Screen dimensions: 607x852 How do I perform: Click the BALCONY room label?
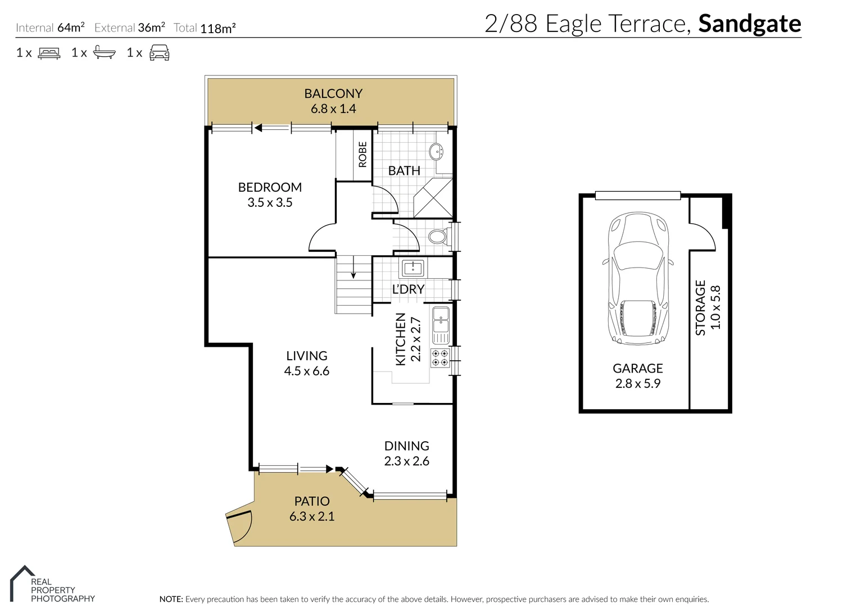(333, 93)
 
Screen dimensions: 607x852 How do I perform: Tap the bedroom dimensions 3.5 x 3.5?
(270, 203)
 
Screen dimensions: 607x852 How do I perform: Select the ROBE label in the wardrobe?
(362, 154)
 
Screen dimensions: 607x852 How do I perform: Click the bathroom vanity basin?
(436, 152)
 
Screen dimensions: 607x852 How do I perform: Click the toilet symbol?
(438, 236)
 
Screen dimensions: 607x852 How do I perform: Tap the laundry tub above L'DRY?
(413, 268)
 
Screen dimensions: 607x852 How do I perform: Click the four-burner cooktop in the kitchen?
(439, 358)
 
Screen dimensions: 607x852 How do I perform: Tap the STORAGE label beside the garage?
(700, 307)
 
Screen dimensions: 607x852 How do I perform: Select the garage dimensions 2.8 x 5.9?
(638, 384)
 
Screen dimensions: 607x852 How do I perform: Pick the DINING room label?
(406, 446)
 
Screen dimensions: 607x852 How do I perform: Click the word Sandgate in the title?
(749, 24)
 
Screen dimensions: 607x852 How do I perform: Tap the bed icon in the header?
(49, 53)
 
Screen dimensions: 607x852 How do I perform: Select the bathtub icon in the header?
(104, 53)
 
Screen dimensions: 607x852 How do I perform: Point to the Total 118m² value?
(217, 28)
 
